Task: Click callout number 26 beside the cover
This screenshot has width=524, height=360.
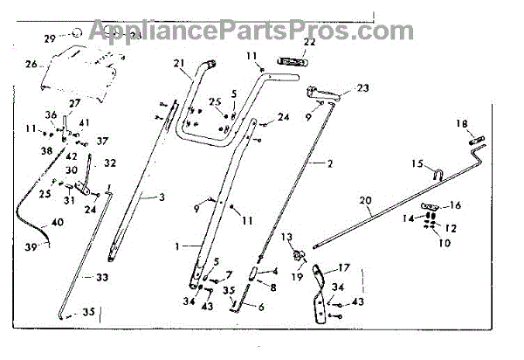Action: pyautogui.click(x=31, y=64)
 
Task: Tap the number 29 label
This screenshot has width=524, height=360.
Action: pyautogui.click(x=51, y=38)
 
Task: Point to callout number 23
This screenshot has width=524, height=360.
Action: pyautogui.click(x=363, y=87)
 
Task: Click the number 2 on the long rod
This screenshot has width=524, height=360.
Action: pyautogui.click(x=330, y=163)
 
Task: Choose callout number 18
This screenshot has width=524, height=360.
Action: pyautogui.click(x=462, y=125)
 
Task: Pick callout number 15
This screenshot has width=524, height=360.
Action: pyautogui.click(x=417, y=163)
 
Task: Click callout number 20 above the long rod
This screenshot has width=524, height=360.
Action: pyautogui.click(x=366, y=200)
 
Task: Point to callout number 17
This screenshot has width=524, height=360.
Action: pyautogui.click(x=343, y=267)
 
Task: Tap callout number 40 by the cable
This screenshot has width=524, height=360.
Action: pyautogui.click(x=58, y=223)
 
